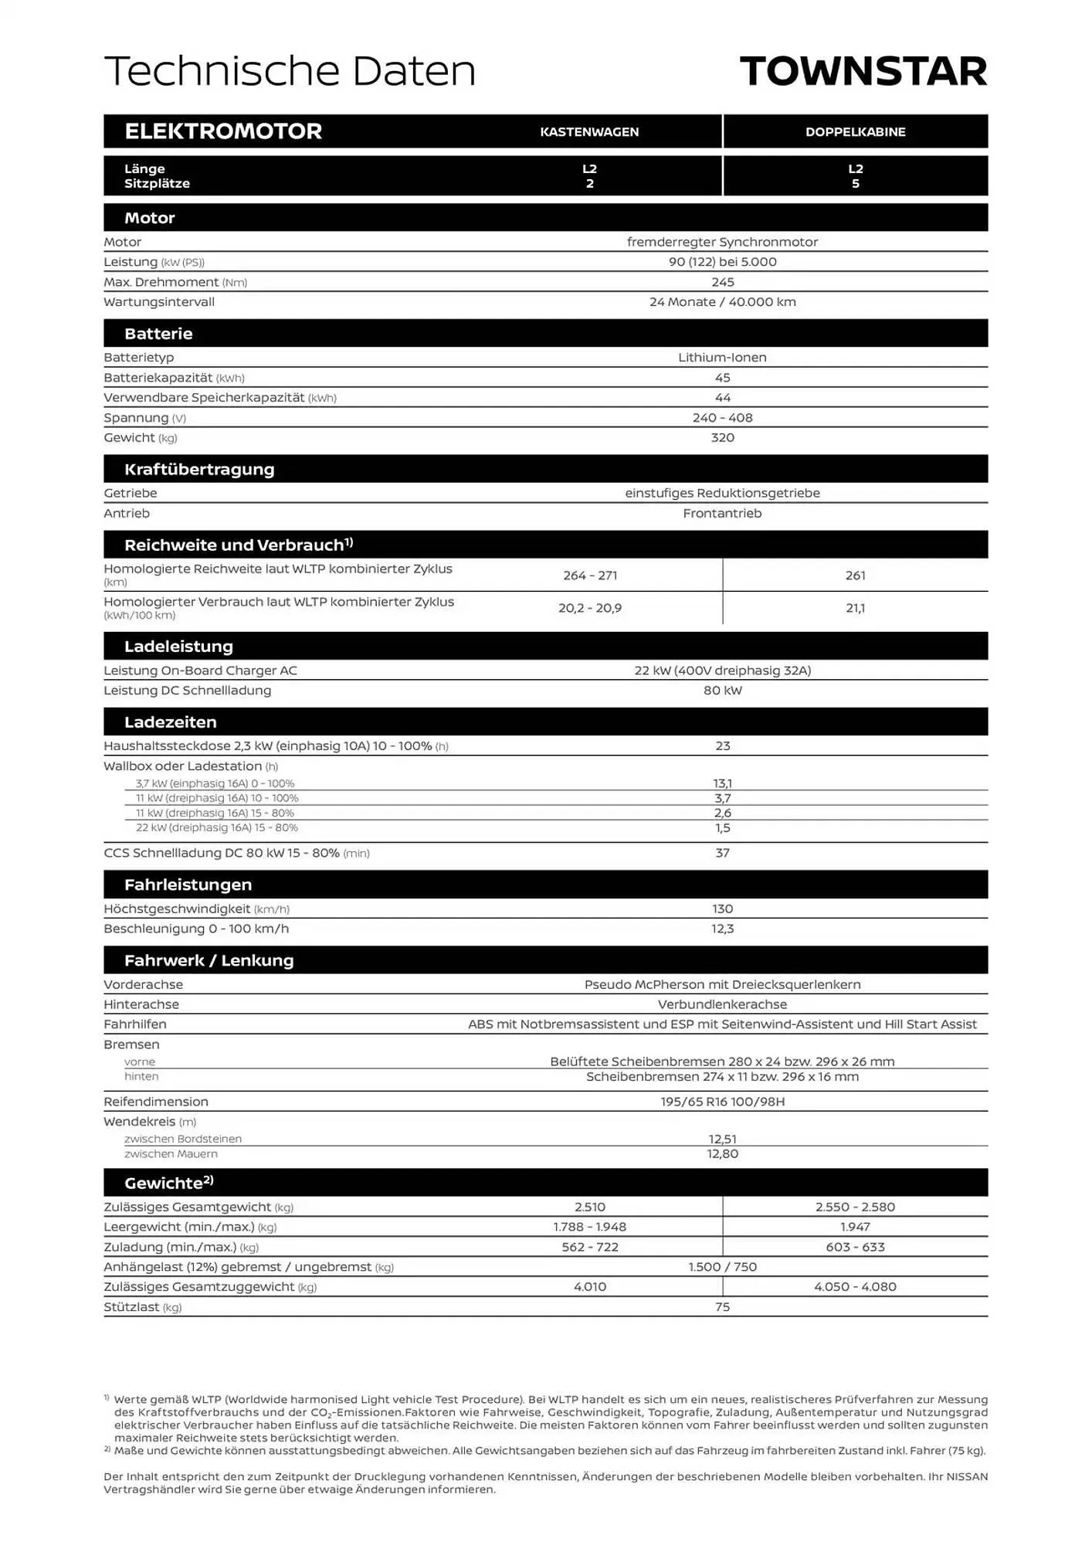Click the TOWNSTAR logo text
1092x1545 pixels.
click(x=863, y=71)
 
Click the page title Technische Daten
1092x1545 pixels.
click(x=290, y=71)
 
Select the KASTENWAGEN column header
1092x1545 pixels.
click(x=589, y=132)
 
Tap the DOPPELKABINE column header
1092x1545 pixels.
click(x=855, y=132)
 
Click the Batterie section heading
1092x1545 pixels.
click(x=158, y=334)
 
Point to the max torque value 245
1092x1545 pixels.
click(x=722, y=282)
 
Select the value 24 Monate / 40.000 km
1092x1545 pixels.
click(x=722, y=302)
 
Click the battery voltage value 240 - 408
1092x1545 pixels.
click(x=722, y=418)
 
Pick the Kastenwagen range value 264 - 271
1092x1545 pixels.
click(x=589, y=576)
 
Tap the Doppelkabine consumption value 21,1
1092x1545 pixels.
click(x=855, y=608)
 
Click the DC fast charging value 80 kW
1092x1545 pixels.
click(x=722, y=691)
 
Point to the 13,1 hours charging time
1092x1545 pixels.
click(x=722, y=783)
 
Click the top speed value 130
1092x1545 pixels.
click(x=722, y=909)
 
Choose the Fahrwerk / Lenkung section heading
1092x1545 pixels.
click(x=209, y=960)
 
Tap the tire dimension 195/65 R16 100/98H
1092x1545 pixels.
click(x=722, y=1102)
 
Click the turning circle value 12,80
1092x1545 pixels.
click(x=722, y=1153)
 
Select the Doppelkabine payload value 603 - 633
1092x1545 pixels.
click(x=855, y=1247)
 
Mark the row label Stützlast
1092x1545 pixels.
click(x=132, y=1307)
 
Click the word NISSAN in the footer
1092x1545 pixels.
click(x=967, y=1476)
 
